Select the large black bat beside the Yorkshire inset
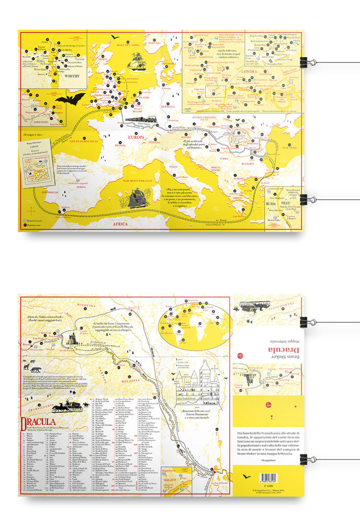pyautogui.click(x=70, y=98)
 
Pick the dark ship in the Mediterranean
pyautogui.click(x=138, y=198)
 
